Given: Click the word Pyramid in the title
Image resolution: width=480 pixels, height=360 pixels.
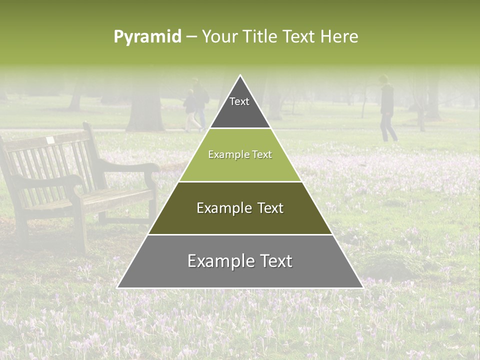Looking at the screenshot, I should [147, 37].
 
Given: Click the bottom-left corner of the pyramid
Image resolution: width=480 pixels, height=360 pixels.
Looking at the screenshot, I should [118, 287].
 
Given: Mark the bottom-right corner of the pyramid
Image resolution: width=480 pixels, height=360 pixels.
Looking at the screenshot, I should [362, 287].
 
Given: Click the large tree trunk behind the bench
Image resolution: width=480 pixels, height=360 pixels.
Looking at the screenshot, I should [145, 110].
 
